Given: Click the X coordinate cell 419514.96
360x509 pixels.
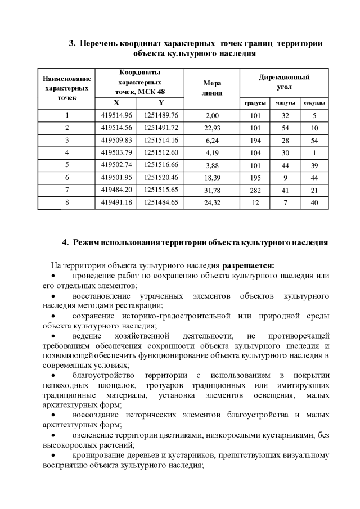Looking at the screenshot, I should coord(116,115).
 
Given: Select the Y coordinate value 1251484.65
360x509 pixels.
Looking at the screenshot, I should coord(161,202).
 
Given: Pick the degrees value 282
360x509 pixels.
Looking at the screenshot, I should coord(255,190).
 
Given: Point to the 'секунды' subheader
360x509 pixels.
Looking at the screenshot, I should coord(314,103).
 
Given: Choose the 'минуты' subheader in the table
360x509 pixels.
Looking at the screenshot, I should coord(285,103).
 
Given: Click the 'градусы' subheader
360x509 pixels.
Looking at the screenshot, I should coord(255,103).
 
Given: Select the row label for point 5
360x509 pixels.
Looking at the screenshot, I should coord(66,165).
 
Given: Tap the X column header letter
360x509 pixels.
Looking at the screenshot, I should coord(116,102).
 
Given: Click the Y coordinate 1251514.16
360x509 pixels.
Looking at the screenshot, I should coord(161,140).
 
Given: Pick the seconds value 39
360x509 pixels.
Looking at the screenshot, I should coord(314,165).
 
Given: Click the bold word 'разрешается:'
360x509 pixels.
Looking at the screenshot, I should coord(249,265).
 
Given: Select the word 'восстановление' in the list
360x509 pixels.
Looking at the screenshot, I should coord(102,296).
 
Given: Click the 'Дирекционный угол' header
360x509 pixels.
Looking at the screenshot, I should coord(285,82).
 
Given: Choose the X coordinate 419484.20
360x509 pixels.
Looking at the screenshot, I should coord(116,190).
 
